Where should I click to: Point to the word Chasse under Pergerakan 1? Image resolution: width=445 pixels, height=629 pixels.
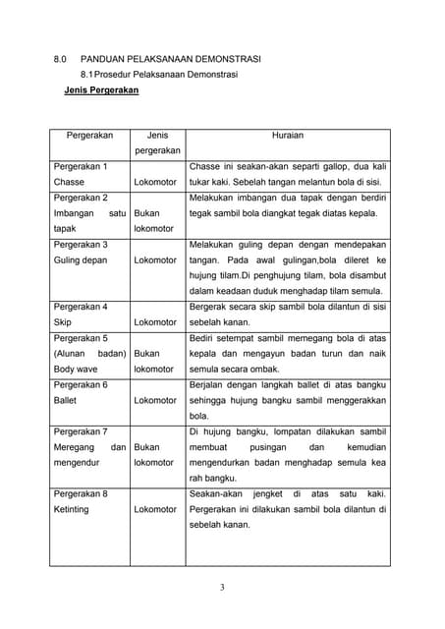69,183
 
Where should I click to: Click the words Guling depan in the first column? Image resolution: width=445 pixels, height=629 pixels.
81,260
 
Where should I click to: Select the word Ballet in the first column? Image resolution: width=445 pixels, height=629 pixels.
67,400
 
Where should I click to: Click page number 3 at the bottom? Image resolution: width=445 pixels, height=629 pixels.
222,589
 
